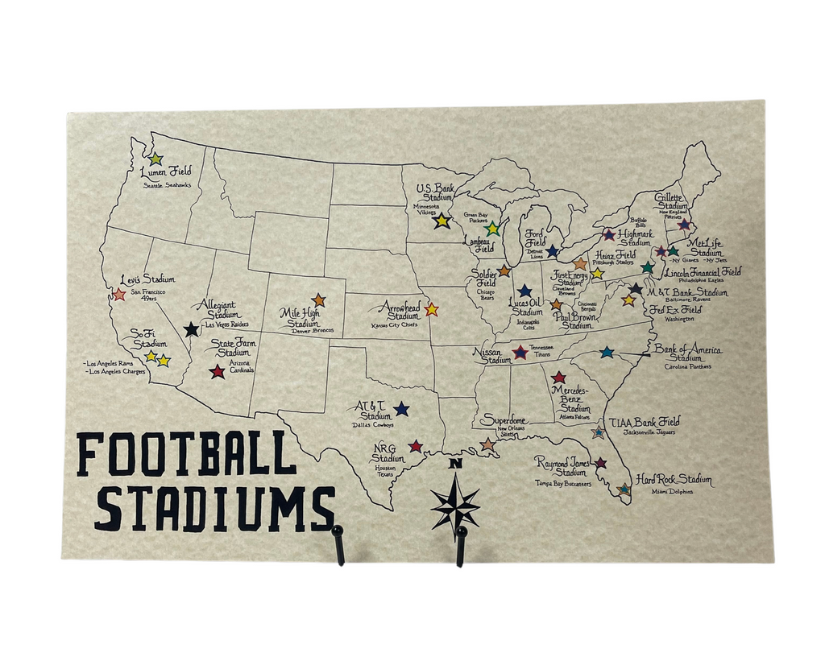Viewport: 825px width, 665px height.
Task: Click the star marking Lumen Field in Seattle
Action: pos(155,159)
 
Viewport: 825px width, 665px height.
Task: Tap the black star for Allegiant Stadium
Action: pos(191,329)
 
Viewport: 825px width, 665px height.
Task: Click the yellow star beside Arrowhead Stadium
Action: pos(431,309)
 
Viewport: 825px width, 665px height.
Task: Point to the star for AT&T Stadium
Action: pos(401,409)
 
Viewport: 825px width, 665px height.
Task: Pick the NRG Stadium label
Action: pos(388,453)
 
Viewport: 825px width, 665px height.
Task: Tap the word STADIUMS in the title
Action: pos(215,507)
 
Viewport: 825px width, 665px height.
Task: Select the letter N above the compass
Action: pos(454,464)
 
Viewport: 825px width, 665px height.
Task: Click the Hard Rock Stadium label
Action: pos(674,480)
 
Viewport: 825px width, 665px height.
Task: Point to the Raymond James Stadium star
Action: pos(600,463)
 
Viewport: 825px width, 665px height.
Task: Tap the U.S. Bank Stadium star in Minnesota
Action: pos(442,220)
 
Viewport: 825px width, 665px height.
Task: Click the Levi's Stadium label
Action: pos(147,279)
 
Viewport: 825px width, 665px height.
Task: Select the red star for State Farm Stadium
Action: pos(217,371)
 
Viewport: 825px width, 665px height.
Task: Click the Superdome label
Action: pos(504,420)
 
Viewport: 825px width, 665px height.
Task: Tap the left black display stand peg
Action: pos(338,543)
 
